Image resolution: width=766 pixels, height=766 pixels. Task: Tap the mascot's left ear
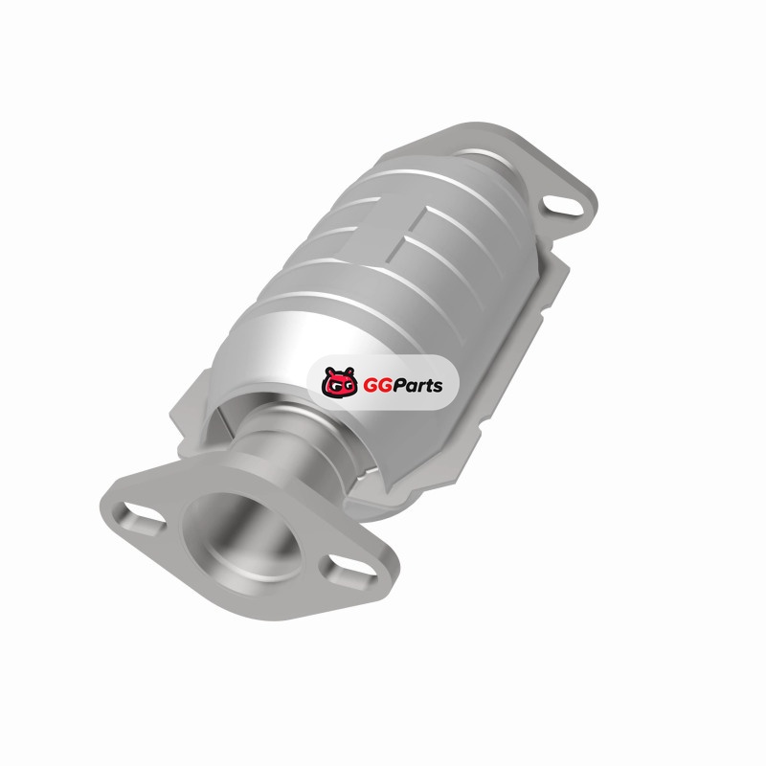pyautogui.click(x=328, y=372)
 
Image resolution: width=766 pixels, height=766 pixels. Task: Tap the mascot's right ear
pyautogui.click(x=349, y=372)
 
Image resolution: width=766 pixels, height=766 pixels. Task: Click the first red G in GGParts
pyautogui.click(x=370, y=386)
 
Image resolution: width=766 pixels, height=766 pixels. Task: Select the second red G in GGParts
pyautogui.click(x=384, y=386)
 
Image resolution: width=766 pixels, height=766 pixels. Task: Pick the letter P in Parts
pyautogui.click(x=398, y=386)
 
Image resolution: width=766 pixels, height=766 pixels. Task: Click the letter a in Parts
pyautogui.click(x=411, y=388)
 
